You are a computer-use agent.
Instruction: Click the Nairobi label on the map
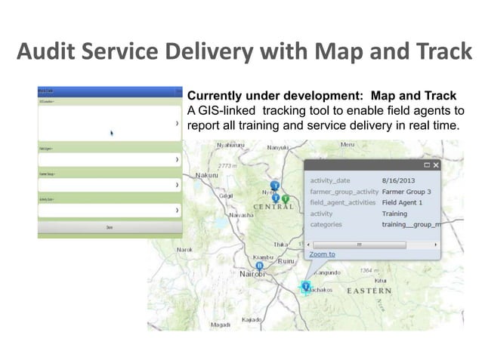[254, 274]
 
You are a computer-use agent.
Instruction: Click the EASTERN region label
[369, 290]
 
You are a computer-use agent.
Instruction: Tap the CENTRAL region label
[273, 207]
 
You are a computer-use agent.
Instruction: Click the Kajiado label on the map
[252, 319]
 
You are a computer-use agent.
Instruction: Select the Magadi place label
[221, 325]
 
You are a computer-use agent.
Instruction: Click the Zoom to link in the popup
[323, 254]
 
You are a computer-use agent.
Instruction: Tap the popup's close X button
[436, 165]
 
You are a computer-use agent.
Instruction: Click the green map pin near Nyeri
[286, 198]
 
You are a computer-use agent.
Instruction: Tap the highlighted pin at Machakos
[306, 287]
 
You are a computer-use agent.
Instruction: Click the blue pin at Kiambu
[260, 266]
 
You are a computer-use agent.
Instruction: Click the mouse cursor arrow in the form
[113, 134]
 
